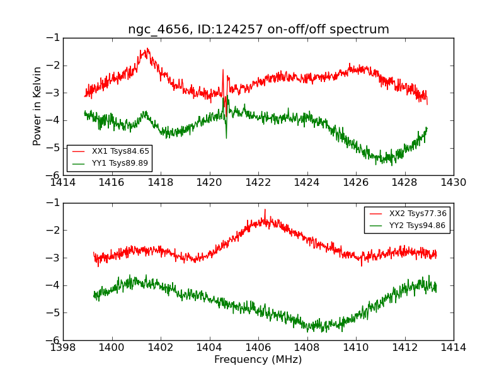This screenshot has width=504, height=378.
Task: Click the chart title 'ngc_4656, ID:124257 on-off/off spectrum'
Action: (x=258, y=30)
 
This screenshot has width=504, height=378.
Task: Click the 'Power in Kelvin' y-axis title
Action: (x=38, y=106)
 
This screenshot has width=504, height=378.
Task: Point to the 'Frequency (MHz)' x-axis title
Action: (x=258, y=360)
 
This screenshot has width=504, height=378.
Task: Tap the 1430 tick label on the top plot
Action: (x=454, y=183)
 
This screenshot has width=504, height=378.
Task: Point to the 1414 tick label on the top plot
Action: (x=63, y=183)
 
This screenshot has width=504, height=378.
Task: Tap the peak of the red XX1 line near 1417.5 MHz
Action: (x=147, y=49)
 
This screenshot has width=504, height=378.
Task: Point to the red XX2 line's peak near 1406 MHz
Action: (x=265, y=210)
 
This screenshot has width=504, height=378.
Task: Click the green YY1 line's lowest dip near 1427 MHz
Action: (x=392, y=165)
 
